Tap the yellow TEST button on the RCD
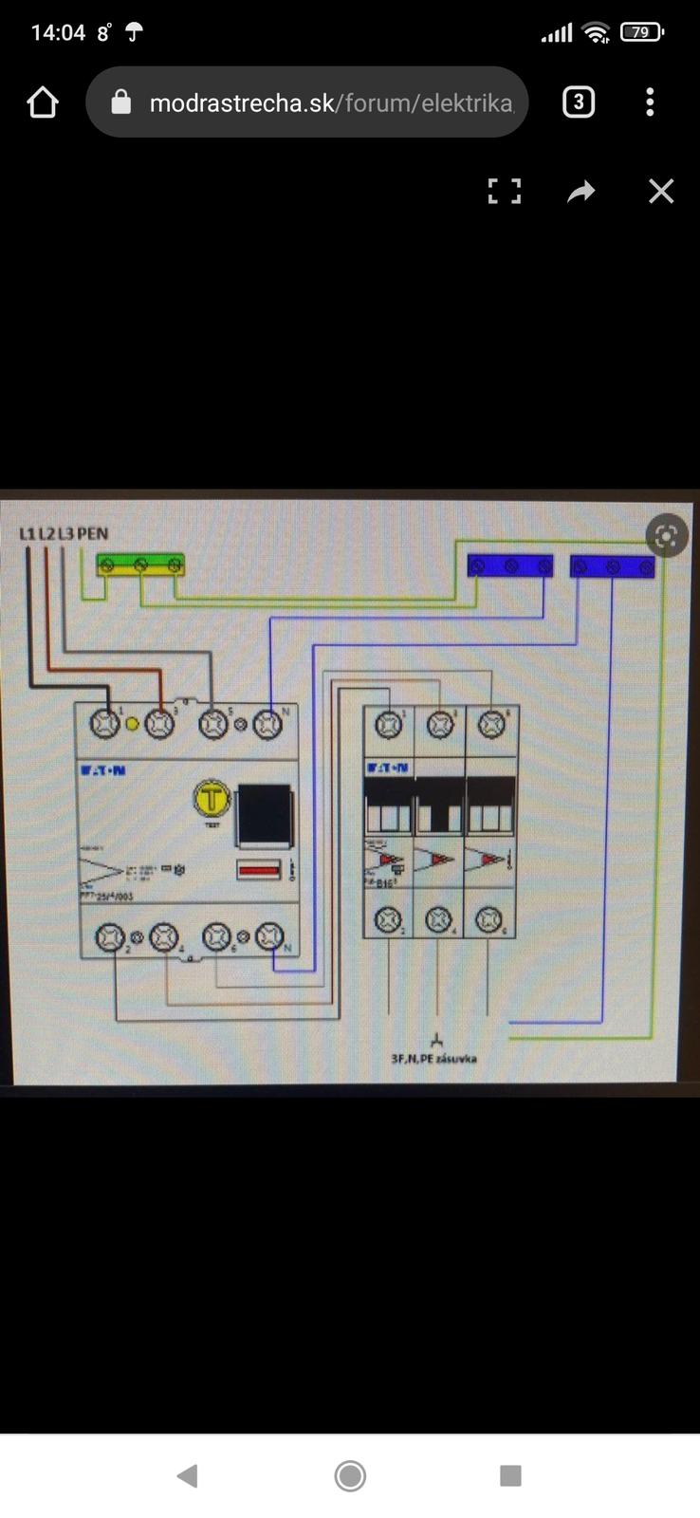[212, 798]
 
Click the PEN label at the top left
[92, 533]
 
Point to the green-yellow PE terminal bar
[140, 565]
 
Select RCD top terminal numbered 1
[105, 724]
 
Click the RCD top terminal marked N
[268, 725]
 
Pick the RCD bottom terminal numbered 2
[111, 937]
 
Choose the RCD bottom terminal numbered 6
[217, 937]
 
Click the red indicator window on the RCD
[258, 868]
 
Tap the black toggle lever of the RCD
[263, 815]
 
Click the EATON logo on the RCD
[102, 770]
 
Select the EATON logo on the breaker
[389, 767]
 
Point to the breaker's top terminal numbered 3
[439, 726]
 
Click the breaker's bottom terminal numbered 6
[488, 919]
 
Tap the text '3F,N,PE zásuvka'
[434, 1058]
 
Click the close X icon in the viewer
[661, 192]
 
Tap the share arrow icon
[580, 192]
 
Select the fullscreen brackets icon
[505, 192]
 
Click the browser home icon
[43, 102]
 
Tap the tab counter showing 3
[579, 102]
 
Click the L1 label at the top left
[28, 533]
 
